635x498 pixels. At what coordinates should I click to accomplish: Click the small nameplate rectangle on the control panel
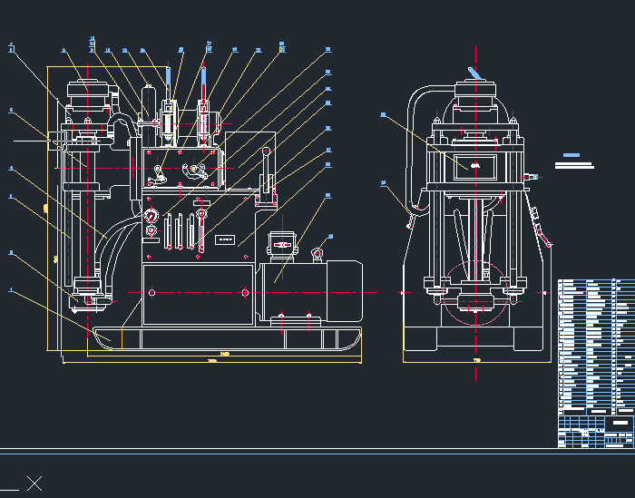[x=225, y=240]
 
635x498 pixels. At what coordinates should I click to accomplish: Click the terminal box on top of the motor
[x=282, y=244]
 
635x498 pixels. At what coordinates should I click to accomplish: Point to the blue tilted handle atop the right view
[x=474, y=73]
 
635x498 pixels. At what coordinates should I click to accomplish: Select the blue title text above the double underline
[x=571, y=156]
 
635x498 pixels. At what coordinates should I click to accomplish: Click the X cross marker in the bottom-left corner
[x=34, y=483]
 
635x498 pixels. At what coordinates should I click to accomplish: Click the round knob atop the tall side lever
[x=267, y=151]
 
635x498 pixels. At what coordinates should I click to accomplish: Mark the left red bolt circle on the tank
[x=151, y=292]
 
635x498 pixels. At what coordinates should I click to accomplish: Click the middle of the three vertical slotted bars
[x=180, y=229]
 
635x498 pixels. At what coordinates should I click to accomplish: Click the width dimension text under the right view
[x=476, y=361]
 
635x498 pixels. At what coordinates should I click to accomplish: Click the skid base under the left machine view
[x=227, y=339]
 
